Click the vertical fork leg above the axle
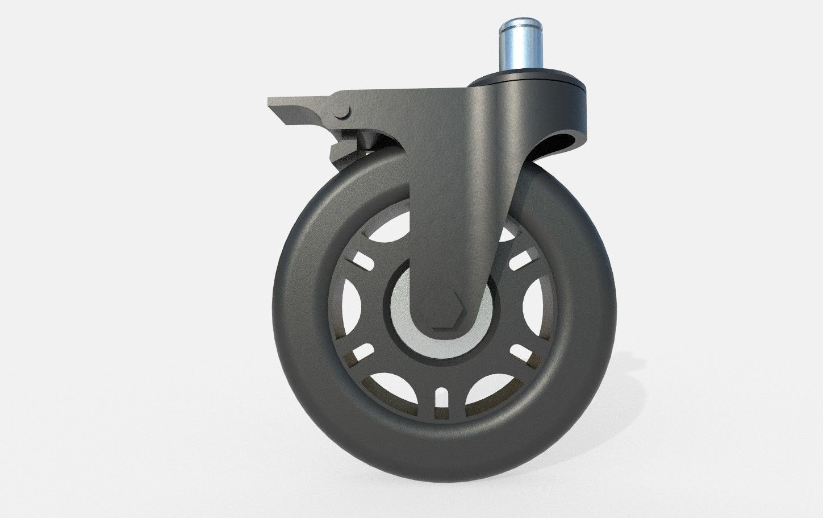pos(449,216)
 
